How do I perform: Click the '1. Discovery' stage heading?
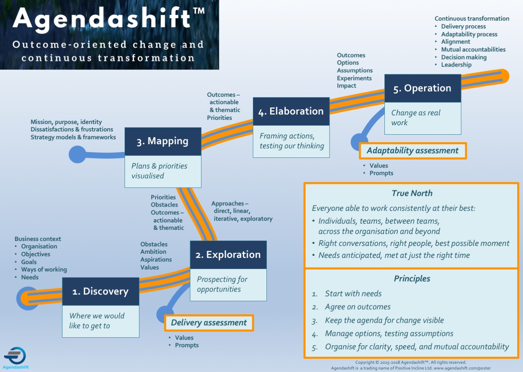click(101, 291)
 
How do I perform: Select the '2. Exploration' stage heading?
click(228, 255)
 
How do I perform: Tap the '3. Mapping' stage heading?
click(163, 141)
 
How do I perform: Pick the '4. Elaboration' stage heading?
click(291, 111)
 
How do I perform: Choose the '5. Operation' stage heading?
click(422, 88)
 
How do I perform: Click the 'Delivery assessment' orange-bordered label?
click(209, 323)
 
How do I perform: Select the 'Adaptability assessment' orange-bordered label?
click(412, 151)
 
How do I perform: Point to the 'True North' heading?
click(412, 193)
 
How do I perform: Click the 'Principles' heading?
click(412, 279)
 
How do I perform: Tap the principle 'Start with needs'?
click(353, 293)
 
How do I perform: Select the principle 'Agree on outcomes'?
click(358, 307)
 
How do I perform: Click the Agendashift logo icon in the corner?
click(15, 355)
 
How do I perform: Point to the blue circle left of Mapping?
click(77, 155)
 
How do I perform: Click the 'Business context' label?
click(38, 239)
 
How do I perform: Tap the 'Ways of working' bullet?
click(44, 269)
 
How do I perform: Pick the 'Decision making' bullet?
click(464, 57)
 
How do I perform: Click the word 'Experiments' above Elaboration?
click(354, 78)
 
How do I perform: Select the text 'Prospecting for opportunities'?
click(222, 284)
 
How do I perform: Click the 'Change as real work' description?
click(416, 118)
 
